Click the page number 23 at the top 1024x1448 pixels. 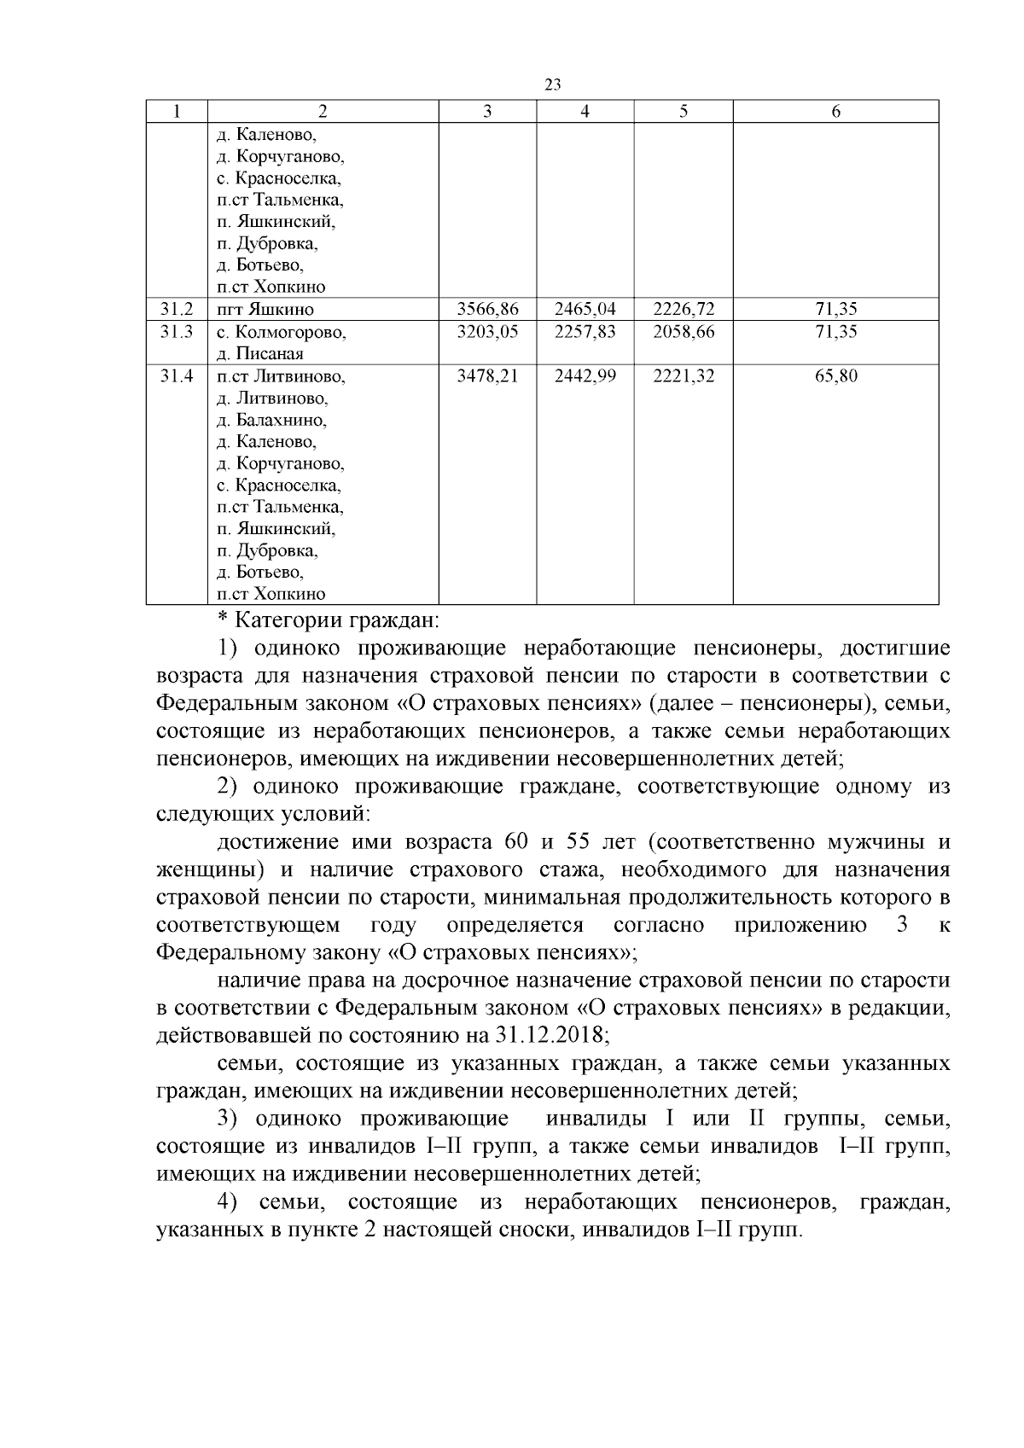[x=552, y=84]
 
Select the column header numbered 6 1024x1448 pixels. [x=835, y=112]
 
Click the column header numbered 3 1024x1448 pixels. [x=486, y=112]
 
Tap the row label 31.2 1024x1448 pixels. [x=177, y=309]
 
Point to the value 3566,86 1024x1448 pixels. [x=487, y=309]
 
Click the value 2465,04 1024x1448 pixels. [x=585, y=309]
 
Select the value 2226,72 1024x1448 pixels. [x=684, y=309]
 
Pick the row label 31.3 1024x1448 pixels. [x=177, y=331]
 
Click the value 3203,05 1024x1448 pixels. [x=487, y=331]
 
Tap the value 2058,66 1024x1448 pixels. [x=684, y=331]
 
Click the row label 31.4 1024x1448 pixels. [x=177, y=375]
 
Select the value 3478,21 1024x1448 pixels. [x=487, y=375]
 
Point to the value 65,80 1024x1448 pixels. [x=835, y=375]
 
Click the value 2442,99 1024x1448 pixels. [x=585, y=375]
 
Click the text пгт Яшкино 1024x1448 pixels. [x=265, y=310]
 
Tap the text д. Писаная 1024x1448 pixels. [x=260, y=353]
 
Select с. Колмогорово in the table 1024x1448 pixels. [x=281, y=332]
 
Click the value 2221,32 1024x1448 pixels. [x=684, y=375]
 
